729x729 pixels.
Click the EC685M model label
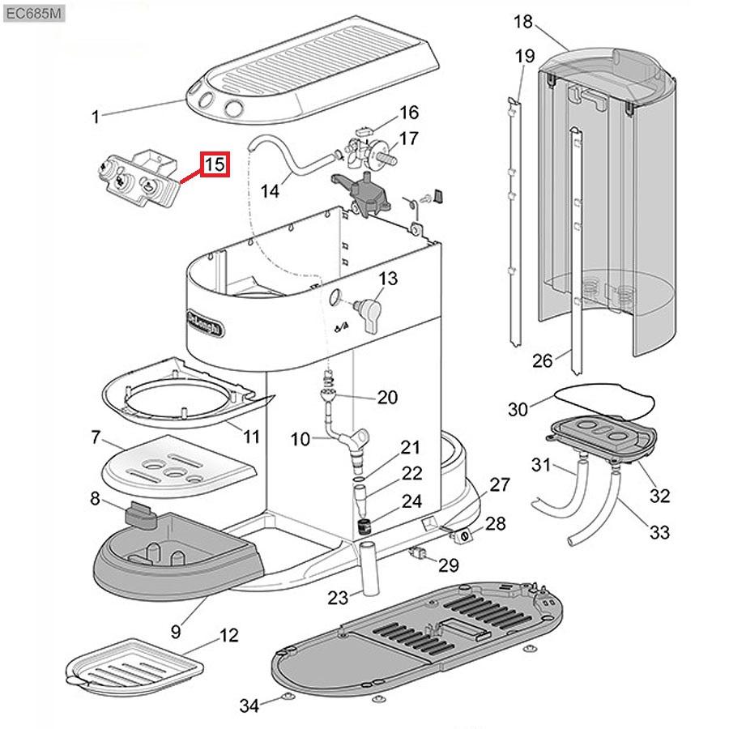pyautogui.click(x=32, y=14)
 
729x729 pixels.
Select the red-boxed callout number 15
pyautogui.click(x=215, y=164)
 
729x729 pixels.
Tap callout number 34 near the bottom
pyautogui.click(x=249, y=706)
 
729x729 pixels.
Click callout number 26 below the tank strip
pyautogui.click(x=542, y=360)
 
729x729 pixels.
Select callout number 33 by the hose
pyautogui.click(x=659, y=532)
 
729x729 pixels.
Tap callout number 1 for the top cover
pyautogui.click(x=95, y=117)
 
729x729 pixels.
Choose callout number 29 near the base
pyautogui.click(x=449, y=564)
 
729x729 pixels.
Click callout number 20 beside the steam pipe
pyautogui.click(x=388, y=397)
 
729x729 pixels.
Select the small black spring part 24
pyautogui.click(x=364, y=524)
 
